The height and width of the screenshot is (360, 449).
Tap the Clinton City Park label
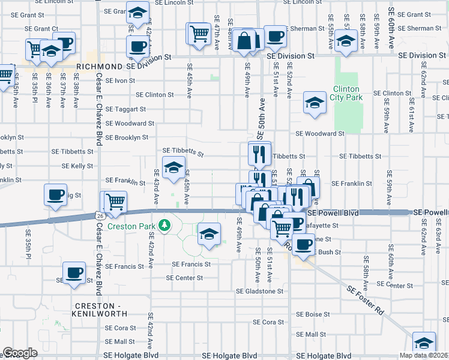[x=348, y=93]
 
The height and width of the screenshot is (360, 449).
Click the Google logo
[x=20, y=353]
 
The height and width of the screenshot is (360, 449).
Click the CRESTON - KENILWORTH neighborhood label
[x=100, y=309]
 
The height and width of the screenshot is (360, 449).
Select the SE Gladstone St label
[x=259, y=291]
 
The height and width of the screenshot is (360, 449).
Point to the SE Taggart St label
[x=125, y=109]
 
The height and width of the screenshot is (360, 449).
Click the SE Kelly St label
[x=77, y=166]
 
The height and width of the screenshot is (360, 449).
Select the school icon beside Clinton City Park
[x=314, y=101]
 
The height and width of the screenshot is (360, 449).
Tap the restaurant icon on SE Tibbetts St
[x=259, y=153]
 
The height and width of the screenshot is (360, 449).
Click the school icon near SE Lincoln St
[x=137, y=11]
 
